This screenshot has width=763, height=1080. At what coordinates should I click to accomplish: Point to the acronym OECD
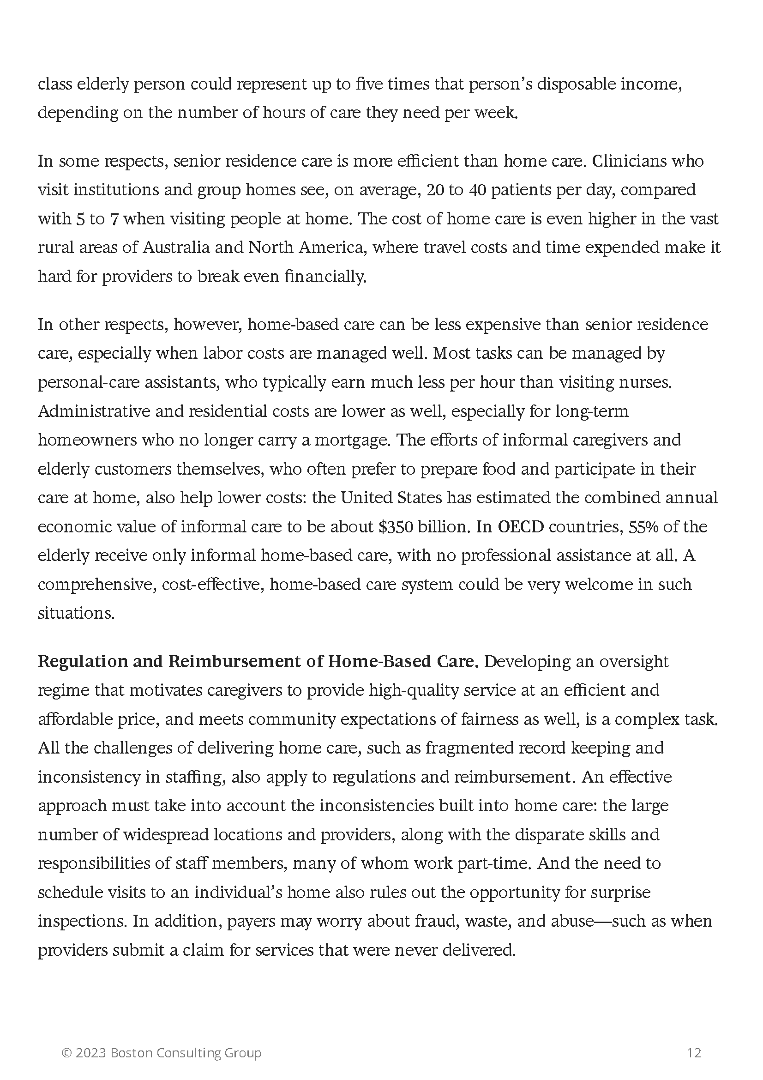tap(520, 527)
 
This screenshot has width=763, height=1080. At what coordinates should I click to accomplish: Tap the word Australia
tap(175, 247)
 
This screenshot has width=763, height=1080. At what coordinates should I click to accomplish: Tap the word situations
tap(76, 613)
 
